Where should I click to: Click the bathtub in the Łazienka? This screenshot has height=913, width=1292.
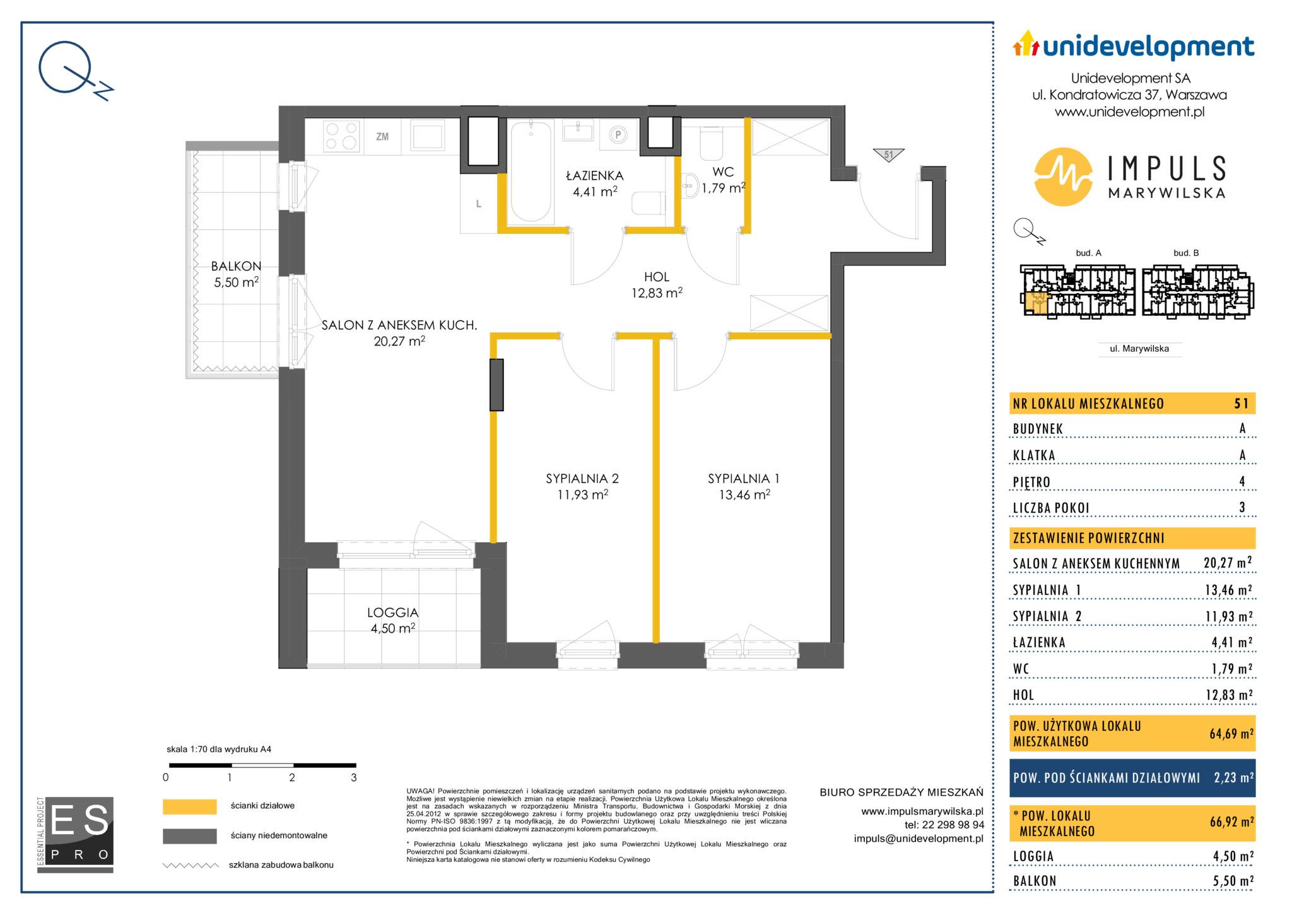[532, 171]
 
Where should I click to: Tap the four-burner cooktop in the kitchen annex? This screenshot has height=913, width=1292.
[342, 136]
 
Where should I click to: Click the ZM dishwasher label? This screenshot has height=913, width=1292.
[382, 136]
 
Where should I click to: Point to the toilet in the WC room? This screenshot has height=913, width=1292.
[712, 144]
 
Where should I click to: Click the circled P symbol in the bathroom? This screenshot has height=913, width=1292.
[618, 135]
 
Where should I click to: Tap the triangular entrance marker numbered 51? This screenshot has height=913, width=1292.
[889, 155]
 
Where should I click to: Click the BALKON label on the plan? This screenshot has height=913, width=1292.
[236, 266]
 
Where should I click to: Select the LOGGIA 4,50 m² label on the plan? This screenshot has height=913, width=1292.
[392, 620]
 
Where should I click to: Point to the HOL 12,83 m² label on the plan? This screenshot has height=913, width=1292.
[657, 284]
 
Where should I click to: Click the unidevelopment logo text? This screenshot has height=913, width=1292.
[1148, 47]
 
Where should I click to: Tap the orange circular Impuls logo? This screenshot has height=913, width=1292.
[1064, 177]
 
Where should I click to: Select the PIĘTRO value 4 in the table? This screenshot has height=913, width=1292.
[1242, 482]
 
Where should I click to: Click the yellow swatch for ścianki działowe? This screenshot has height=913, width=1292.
[189, 806]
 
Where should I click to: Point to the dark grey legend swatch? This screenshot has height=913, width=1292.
[189, 836]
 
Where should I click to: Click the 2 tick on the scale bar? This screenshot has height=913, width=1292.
[292, 777]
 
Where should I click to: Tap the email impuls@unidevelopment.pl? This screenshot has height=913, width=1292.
[919, 838]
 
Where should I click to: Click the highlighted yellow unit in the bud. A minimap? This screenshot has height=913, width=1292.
[1035, 303]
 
